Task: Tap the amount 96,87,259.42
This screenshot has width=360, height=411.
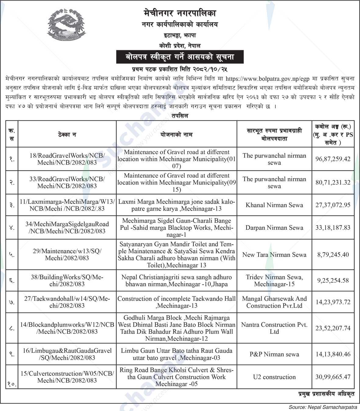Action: pyautogui.click(x=333, y=159)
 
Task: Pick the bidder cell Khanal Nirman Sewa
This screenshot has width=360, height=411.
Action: pyautogui.click(x=274, y=205)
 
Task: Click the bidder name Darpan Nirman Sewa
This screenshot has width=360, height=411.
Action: pyautogui.click(x=274, y=228)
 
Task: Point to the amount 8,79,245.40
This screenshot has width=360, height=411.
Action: pyautogui.click(x=333, y=255)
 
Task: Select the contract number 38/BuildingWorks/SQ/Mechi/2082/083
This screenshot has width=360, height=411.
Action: pyautogui.click(x=67, y=281)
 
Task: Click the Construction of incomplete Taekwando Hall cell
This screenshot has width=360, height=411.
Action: pyautogui.click(x=176, y=302)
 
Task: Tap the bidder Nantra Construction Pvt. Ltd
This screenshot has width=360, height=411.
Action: pyautogui.click(x=274, y=328)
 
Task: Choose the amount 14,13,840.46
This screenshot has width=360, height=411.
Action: pyautogui.click(x=333, y=354)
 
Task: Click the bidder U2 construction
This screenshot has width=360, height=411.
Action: pyautogui.click(x=274, y=377)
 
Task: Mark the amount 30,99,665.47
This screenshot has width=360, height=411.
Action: pyautogui.click(x=333, y=377)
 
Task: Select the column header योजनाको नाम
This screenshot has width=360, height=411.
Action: pyautogui.click(x=176, y=134)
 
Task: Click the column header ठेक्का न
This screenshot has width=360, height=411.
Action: pyautogui.click(x=67, y=134)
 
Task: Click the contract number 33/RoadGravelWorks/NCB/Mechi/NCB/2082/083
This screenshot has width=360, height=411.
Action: pyautogui.click(x=67, y=182)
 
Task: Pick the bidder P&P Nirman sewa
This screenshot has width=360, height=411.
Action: pyautogui.click(x=274, y=354)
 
